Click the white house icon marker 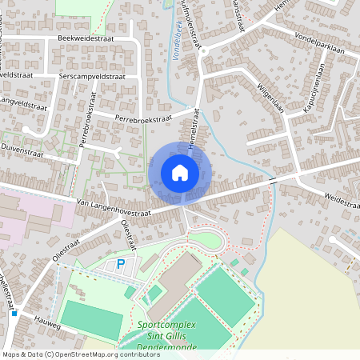tap(180, 172)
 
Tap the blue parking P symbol tap(122, 263)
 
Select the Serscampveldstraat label tap(92, 76)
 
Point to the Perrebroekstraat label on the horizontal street tap(143, 118)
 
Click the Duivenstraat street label tap(22, 149)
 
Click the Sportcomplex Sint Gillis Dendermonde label tap(174, 337)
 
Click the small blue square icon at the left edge tap(14, 313)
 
